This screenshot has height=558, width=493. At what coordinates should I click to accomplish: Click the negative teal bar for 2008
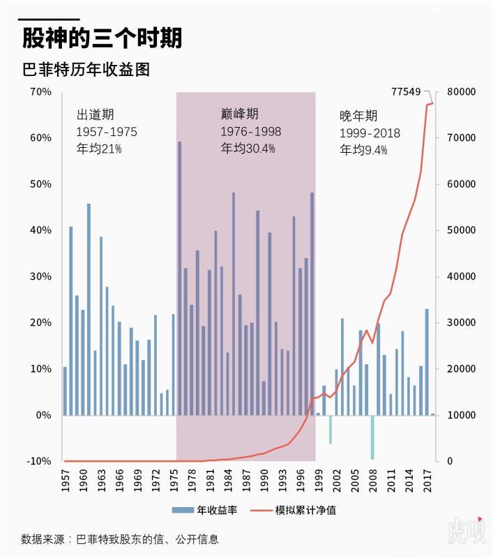(x=372, y=437)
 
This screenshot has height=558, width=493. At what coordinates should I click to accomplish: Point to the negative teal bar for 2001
(x=330, y=429)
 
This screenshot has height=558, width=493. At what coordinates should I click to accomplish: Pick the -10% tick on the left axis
(x=39, y=461)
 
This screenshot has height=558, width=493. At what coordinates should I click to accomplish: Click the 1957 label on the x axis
(x=66, y=481)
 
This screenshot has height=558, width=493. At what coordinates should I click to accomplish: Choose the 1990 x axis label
(x=264, y=481)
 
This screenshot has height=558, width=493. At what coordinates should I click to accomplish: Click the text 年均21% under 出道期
(x=99, y=149)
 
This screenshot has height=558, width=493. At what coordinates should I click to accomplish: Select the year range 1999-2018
(x=370, y=133)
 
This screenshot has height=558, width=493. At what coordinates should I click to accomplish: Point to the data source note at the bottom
(x=120, y=538)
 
